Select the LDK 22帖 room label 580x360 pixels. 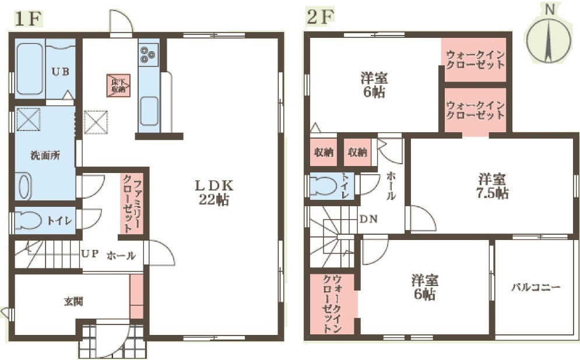tap(214, 192)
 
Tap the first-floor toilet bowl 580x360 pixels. tap(29, 220)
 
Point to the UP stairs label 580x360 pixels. tap(89, 255)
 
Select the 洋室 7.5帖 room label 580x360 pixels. tap(493, 186)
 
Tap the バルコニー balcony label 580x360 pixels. tap(536, 287)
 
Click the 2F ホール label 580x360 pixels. tap(391, 186)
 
